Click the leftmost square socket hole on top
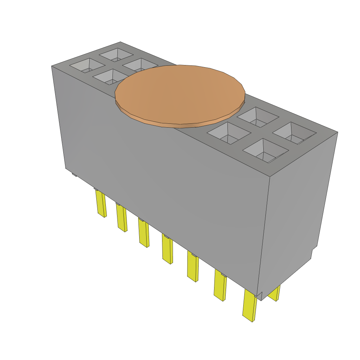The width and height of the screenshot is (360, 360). pos(87,65)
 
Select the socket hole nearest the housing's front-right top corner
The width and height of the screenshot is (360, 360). pos(266,151)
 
